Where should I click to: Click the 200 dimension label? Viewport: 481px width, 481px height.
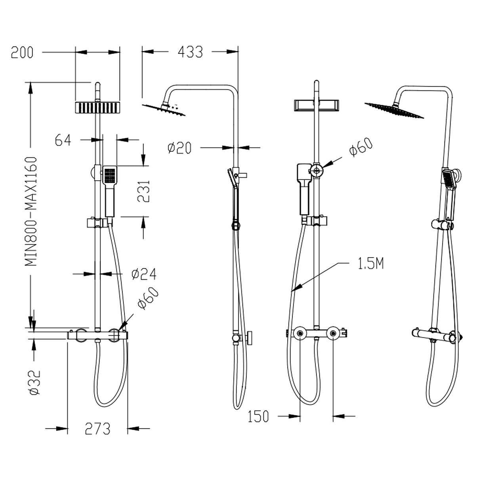(22, 53)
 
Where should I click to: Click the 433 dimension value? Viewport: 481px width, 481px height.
(190, 52)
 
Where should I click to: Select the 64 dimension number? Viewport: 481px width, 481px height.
(63, 140)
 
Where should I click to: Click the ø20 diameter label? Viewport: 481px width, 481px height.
(179, 148)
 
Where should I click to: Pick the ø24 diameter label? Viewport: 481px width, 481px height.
(144, 274)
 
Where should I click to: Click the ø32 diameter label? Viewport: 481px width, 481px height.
(34, 382)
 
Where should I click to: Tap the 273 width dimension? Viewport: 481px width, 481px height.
(97, 429)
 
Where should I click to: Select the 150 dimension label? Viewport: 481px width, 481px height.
(258, 417)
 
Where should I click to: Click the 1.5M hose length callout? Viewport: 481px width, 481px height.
(371, 264)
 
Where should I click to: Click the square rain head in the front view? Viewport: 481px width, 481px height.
(97, 107)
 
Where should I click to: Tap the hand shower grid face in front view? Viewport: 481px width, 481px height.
(109, 175)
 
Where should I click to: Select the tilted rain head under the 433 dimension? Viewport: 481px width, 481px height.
(164, 109)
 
